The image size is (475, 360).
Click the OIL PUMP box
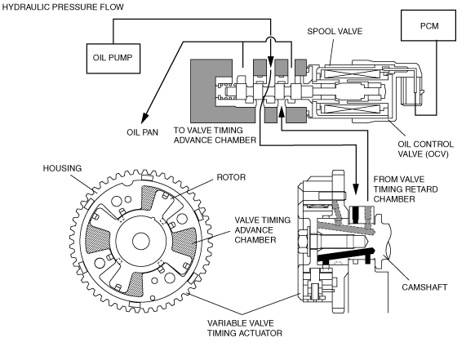click(113, 58)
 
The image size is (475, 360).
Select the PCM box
click(428, 25)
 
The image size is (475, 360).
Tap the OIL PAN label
click(142, 132)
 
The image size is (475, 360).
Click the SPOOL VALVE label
click(335, 31)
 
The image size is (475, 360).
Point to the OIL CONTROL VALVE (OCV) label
click(425, 149)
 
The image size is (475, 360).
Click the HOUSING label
click(62, 168)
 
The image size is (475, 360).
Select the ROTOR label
click(231, 177)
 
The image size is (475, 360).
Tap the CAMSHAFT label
click(424, 287)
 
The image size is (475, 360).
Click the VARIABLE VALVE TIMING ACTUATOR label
click(245, 328)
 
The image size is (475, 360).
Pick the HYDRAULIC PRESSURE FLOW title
click(63, 7)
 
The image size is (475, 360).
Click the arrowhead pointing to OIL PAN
click(145, 116)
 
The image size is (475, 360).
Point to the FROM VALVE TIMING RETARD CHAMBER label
click(406, 189)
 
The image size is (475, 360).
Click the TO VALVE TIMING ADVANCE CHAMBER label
click(215, 136)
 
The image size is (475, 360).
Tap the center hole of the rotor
click(141, 241)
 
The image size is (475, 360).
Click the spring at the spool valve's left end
click(226, 91)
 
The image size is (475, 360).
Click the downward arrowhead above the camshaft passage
click(356, 189)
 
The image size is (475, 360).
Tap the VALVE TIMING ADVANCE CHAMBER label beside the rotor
click(262, 229)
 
